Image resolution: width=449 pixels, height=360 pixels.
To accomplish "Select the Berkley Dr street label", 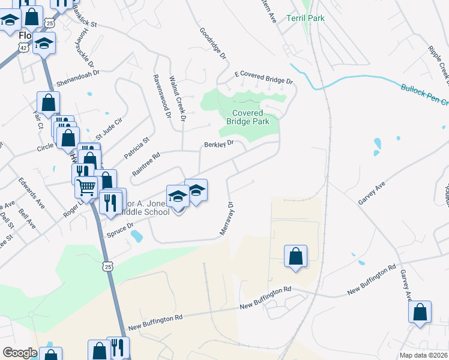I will point(217,144).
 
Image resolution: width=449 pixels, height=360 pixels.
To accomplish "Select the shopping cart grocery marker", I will point(86,188).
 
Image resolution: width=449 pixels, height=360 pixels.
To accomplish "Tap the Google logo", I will point(19,353).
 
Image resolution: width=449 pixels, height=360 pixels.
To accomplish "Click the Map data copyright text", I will point(423,355).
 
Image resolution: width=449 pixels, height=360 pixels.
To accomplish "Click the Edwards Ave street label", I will point(31,192).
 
